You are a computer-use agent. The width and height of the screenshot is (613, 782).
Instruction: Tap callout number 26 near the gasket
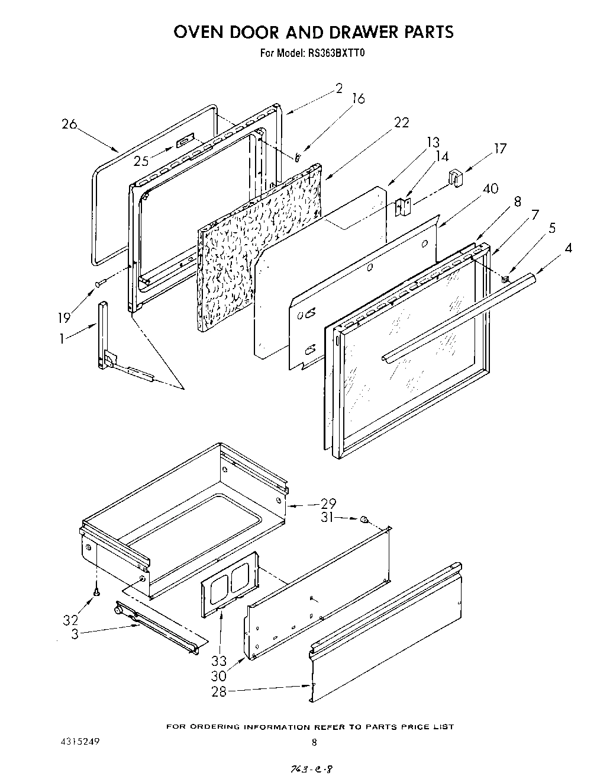point(69,124)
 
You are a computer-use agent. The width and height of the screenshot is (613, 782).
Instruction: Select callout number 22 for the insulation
point(401,123)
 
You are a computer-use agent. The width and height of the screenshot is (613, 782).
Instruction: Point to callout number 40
point(491,189)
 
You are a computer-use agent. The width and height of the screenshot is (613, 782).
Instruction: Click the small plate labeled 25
point(185,142)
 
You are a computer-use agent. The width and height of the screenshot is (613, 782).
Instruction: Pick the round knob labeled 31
point(364,520)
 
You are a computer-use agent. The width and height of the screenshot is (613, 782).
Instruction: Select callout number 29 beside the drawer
point(328,504)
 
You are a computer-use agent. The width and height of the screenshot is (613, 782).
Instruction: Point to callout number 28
point(219,691)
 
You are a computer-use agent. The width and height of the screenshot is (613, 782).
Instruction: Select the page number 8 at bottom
point(314,742)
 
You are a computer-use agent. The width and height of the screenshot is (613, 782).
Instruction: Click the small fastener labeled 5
point(505,277)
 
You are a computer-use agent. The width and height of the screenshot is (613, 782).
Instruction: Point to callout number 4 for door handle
point(567,248)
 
